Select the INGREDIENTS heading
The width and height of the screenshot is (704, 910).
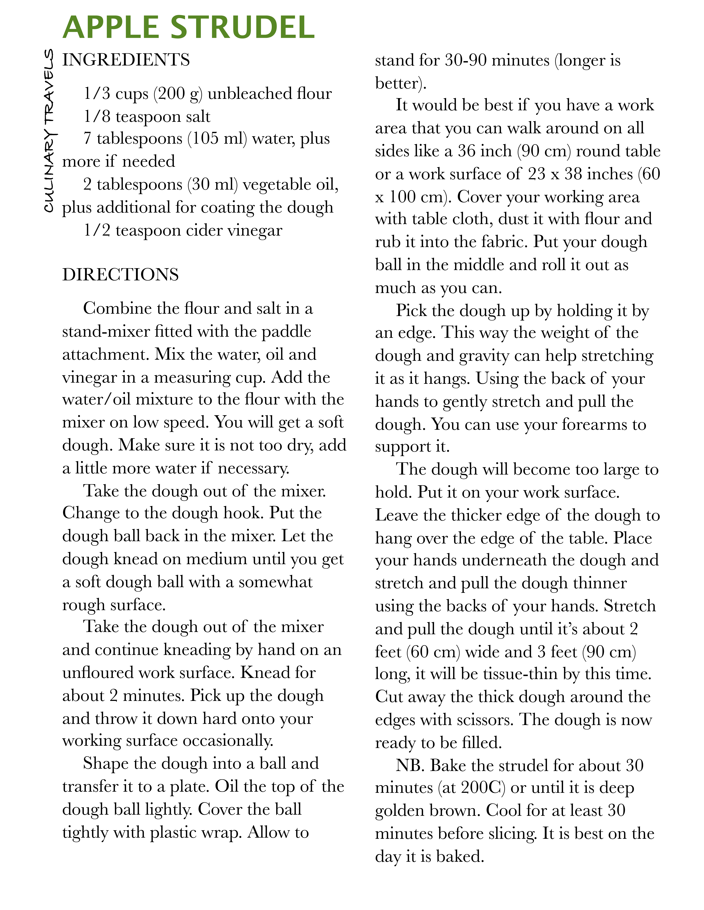click(x=126, y=60)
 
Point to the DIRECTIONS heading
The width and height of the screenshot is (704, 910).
click(x=121, y=275)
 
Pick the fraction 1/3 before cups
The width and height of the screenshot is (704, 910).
click(x=97, y=94)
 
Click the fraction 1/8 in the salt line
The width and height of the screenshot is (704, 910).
click(x=97, y=117)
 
